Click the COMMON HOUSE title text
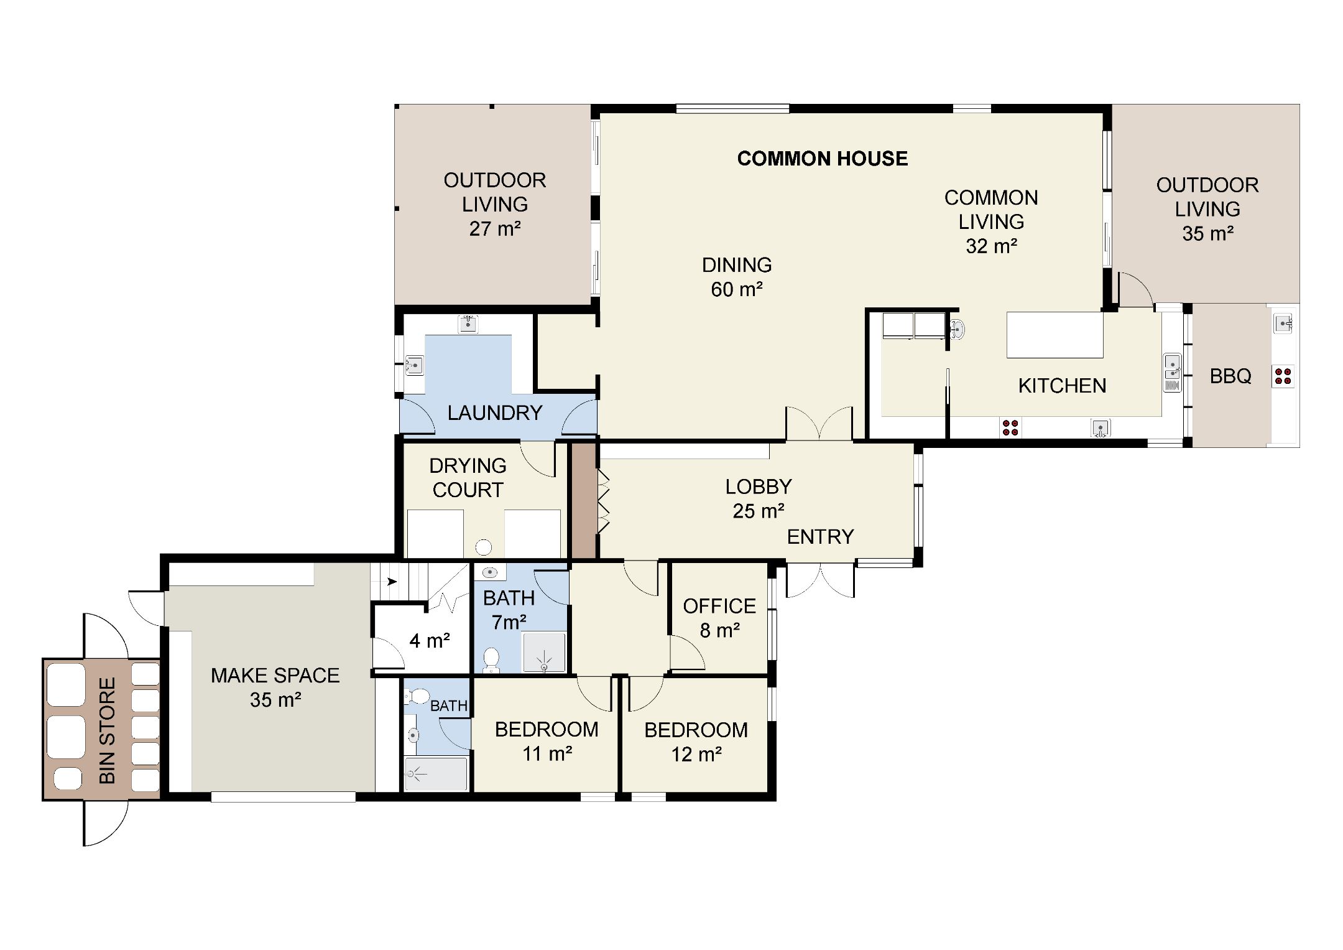pyautogui.click(x=822, y=159)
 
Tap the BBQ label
pyautogui.click(x=1230, y=376)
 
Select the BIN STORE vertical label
pyautogui.click(x=107, y=730)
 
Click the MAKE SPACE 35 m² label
pyautogui.click(x=275, y=687)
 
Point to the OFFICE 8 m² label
pyautogui.click(x=719, y=618)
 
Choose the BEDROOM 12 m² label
pyautogui.click(x=696, y=742)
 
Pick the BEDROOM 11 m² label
pyautogui.click(x=547, y=741)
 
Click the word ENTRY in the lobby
pyautogui.click(x=820, y=536)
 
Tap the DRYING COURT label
pyautogui.click(x=468, y=477)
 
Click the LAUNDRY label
pyautogui.click(x=495, y=412)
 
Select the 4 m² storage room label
pyautogui.click(x=430, y=640)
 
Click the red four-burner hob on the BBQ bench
pyautogui.click(x=1283, y=376)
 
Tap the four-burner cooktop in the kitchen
pyautogui.click(x=1010, y=427)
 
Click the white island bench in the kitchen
pyautogui.click(x=1055, y=335)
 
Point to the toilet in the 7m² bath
pyautogui.click(x=491, y=659)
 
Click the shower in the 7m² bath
pyautogui.click(x=544, y=652)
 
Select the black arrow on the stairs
pyautogui.click(x=392, y=582)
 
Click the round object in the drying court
pyautogui.click(x=483, y=547)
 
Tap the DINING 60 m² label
pyautogui.click(x=737, y=277)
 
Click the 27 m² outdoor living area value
pyautogui.click(x=495, y=228)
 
